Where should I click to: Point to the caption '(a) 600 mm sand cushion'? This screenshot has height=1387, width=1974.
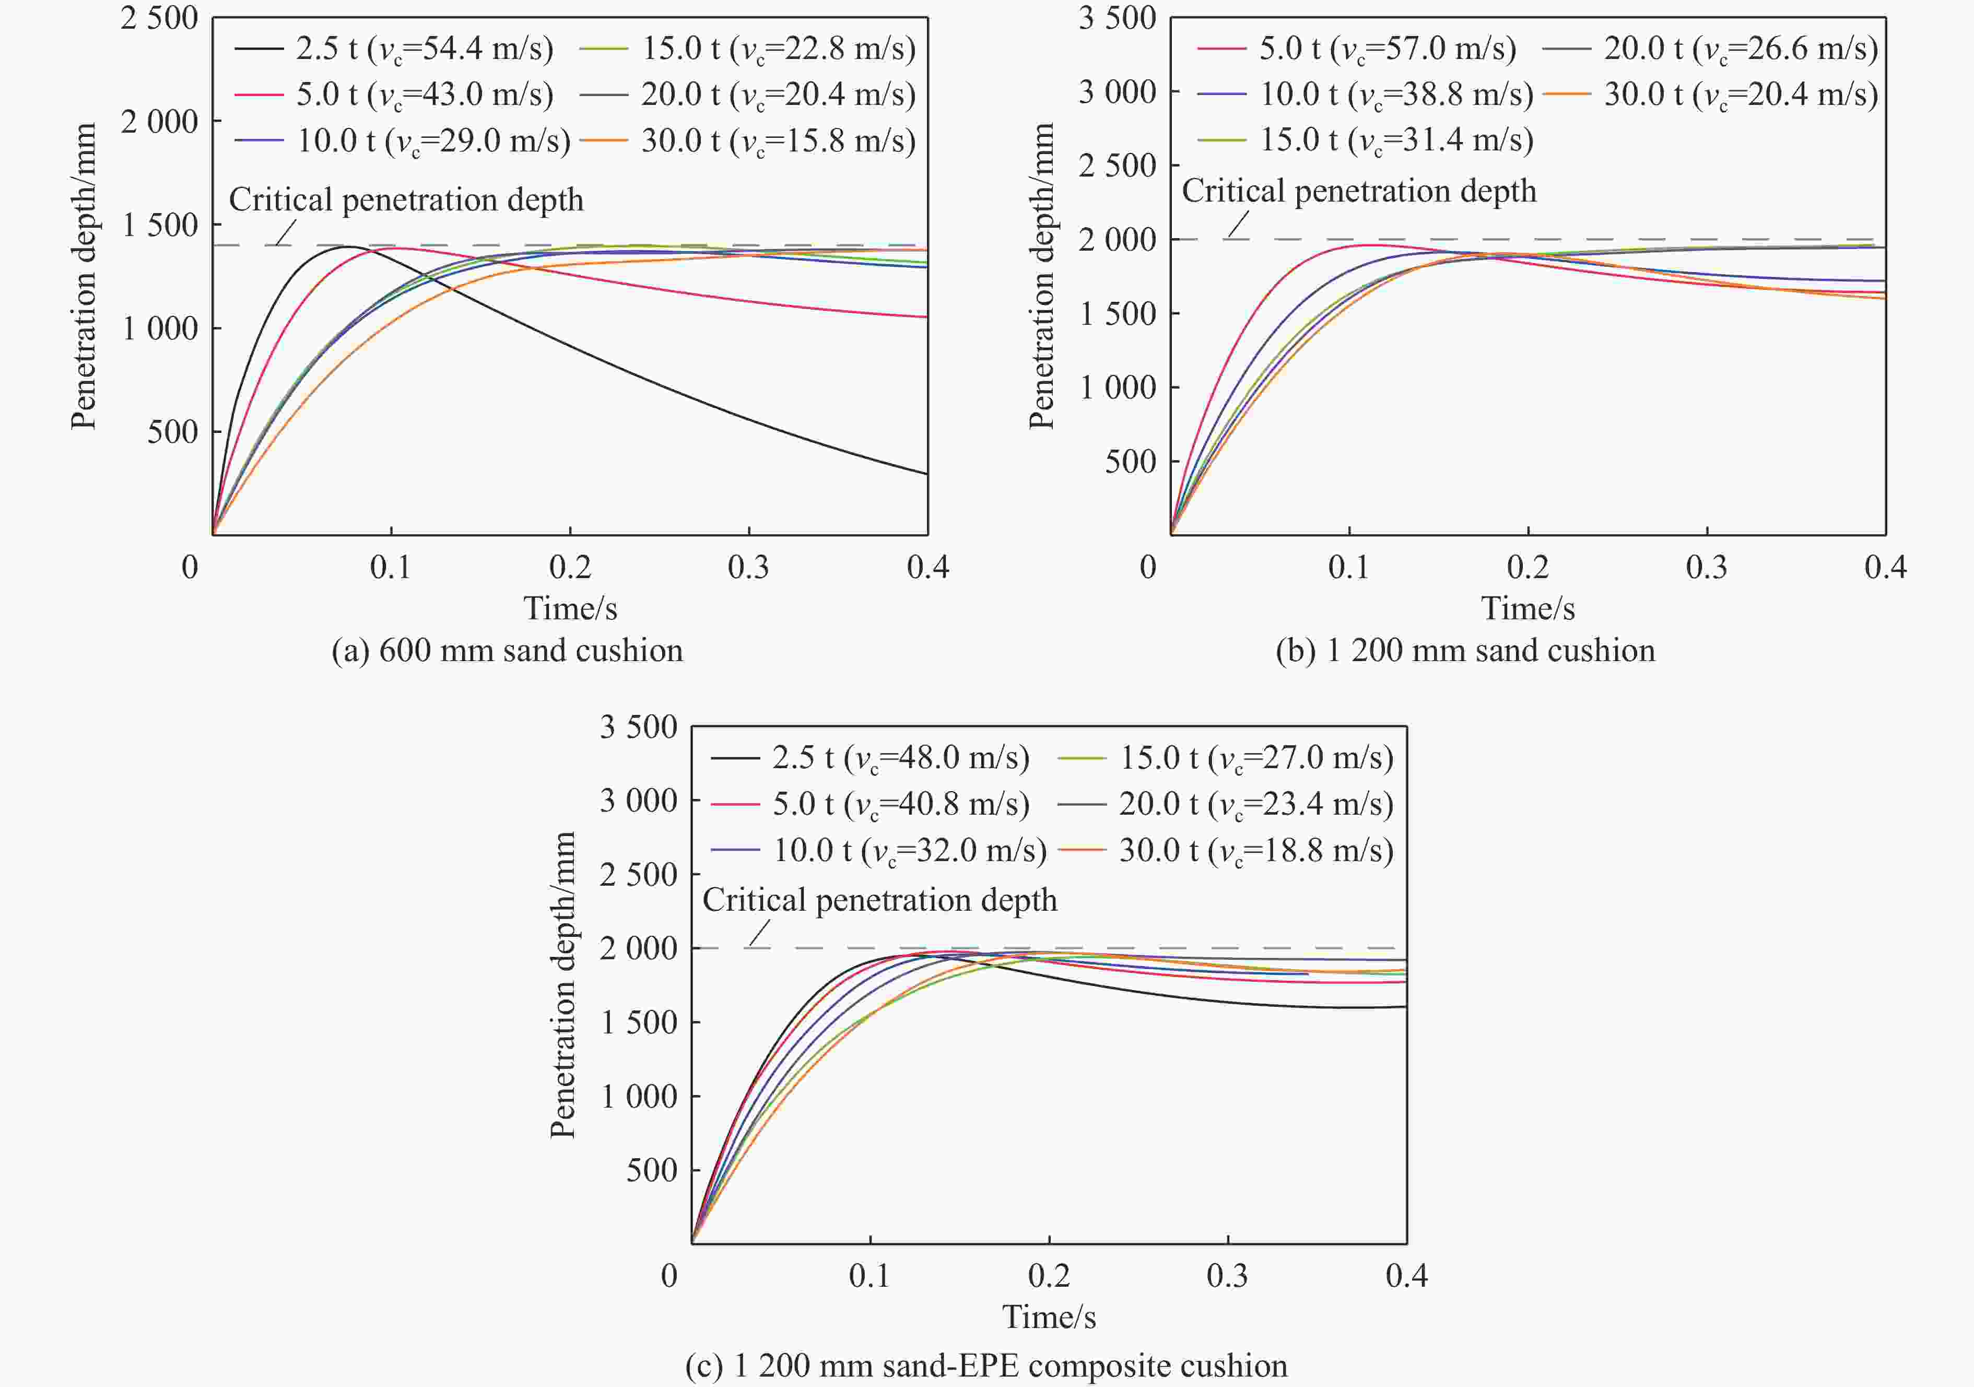click(x=507, y=651)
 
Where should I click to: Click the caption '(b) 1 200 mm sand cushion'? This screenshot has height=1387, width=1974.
click(x=1465, y=651)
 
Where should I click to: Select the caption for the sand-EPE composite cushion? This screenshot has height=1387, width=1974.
click(x=986, y=1366)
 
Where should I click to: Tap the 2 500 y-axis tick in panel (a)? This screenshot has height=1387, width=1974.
click(x=159, y=18)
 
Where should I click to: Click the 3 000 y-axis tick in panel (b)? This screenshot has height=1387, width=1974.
click(x=1118, y=91)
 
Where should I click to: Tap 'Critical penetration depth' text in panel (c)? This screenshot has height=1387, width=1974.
click(x=879, y=900)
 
